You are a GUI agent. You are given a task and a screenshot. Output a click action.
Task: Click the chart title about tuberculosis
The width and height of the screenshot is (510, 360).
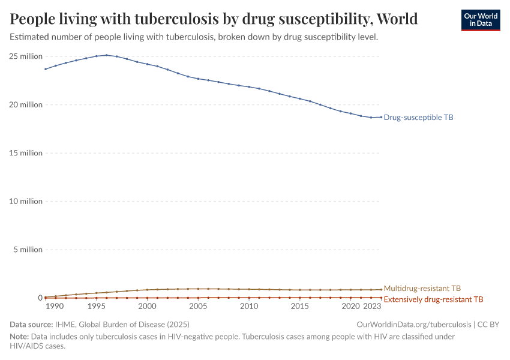[214, 19]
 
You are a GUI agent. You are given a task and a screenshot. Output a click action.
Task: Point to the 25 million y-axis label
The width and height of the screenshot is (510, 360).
[26, 56]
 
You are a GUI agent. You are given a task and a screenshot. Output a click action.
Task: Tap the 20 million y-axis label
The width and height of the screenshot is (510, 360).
[26, 104]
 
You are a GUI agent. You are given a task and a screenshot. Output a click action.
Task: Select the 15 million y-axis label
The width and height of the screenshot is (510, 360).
[26, 153]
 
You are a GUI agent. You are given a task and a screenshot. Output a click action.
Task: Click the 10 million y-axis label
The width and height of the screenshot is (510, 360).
[26, 201]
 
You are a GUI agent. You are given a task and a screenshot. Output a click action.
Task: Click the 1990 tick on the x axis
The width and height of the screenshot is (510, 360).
[55, 307]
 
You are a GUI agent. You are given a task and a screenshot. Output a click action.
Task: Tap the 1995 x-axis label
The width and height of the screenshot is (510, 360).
[96, 307]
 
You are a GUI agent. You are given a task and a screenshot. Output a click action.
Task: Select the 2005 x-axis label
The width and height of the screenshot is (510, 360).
[198, 307]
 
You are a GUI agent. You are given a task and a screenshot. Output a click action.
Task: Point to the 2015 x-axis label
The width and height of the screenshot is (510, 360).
[300, 307]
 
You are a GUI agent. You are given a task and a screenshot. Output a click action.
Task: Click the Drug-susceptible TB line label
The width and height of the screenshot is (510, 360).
[418, 118]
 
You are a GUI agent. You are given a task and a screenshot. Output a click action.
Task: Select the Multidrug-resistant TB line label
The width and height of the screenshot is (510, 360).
[422, 289]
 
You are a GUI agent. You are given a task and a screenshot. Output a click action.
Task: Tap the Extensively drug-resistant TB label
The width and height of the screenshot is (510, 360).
[433, 299]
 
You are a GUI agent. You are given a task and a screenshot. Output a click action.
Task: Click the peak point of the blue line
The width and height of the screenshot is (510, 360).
[106, 55]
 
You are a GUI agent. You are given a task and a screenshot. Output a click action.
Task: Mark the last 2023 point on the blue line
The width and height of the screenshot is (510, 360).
[381, 117]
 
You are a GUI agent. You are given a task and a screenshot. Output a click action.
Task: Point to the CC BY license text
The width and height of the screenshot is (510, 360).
[488, 325]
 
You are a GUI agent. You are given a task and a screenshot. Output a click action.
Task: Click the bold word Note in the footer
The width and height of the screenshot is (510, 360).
[19, 337]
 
